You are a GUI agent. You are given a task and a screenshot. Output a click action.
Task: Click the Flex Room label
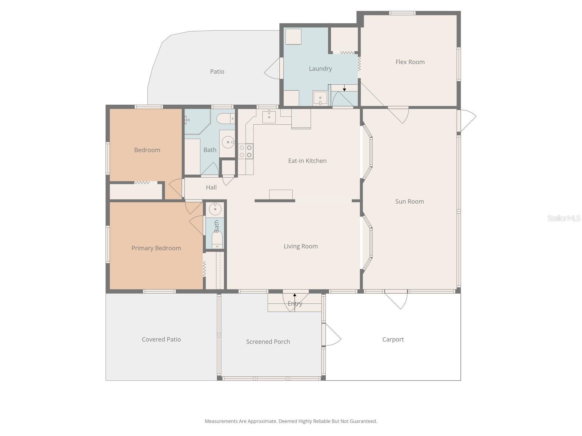coord(410,62)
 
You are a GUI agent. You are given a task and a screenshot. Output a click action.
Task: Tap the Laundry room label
coord(320,68)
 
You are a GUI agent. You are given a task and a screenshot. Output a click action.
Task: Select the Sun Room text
coord(409,201)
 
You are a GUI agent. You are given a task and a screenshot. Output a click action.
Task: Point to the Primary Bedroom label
coord(156,248)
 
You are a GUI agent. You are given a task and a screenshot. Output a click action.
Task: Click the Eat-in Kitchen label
coord(307,161)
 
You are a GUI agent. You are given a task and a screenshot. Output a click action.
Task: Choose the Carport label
coord(393,339)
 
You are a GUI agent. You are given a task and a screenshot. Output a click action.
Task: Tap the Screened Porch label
coord(268,342)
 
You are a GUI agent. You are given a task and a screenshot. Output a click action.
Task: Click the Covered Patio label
coord(161,339)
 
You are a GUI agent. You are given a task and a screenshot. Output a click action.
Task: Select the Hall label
coord(211,187)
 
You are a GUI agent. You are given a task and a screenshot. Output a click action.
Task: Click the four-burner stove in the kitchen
coord(246,151)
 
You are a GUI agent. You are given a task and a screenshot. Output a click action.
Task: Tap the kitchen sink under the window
coord(269,117)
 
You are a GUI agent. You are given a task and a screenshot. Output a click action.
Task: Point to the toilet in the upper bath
coord(226,118)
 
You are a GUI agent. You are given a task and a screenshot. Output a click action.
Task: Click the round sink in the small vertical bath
coord(215,209)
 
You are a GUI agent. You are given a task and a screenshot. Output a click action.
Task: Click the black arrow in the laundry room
coord(344,89)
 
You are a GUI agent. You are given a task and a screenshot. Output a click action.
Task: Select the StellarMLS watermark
coord(563,218)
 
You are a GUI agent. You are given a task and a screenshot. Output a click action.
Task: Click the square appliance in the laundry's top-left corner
coord(293,37)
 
